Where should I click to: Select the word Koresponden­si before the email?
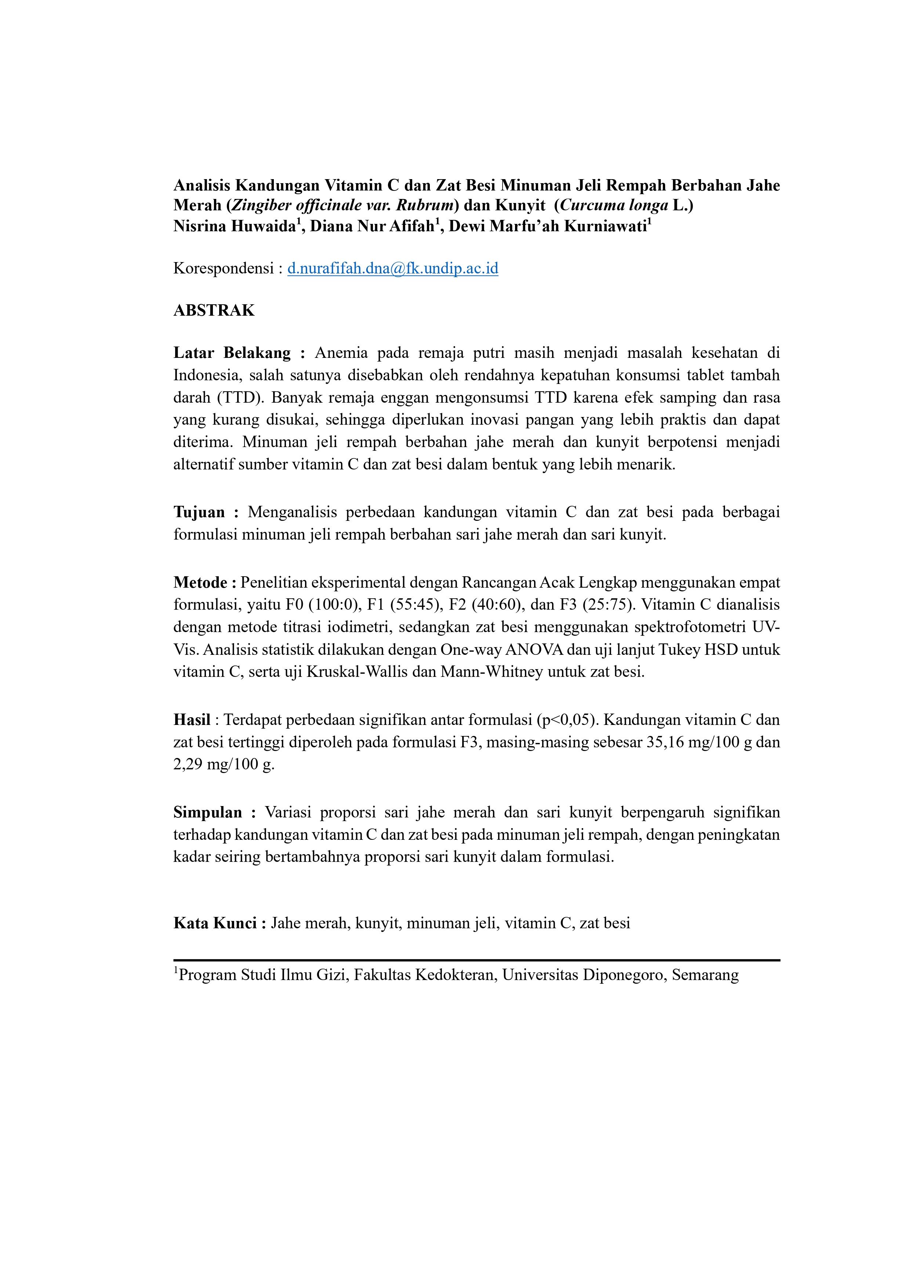[223, 269]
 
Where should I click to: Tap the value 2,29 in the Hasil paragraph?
[187, 765]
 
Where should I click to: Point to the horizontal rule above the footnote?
[476, 960]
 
